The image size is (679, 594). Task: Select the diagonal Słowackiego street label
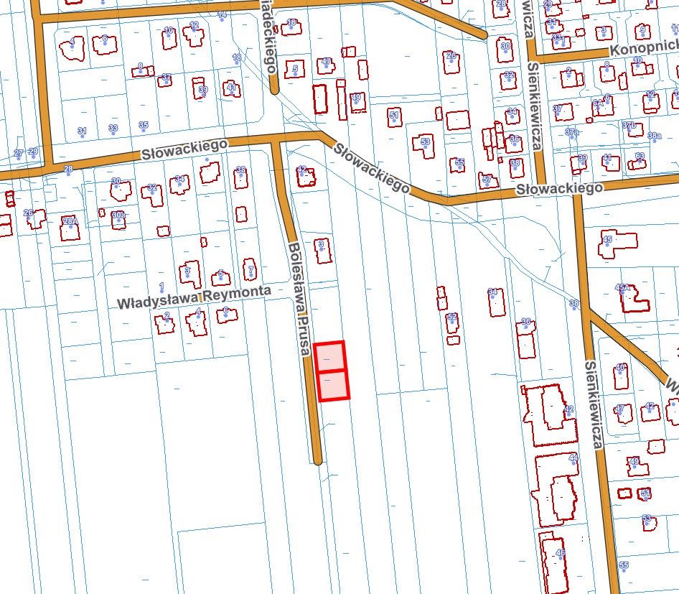(x=370, y=167)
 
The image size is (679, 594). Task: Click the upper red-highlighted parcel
(x=329, y=356)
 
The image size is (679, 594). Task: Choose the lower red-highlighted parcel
(x=333, y=385)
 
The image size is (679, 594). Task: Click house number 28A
(x=70, y=221)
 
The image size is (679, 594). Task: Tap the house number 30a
(x=118, y=214)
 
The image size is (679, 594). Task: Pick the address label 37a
(x=571, y=132)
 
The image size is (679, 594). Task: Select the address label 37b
(x=629, y=125)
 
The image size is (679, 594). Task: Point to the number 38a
(x=654, y=135)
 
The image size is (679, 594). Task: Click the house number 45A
(x=622, y=287)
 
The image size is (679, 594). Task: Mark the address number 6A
(x=597, y=103)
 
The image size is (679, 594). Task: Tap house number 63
(x=640, y=156)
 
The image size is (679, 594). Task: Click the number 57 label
(x=486, y=179)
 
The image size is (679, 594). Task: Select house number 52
(x=451, y=317)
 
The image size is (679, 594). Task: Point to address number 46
(x=561, y=552)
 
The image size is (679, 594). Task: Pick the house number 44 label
(x=573, y=458)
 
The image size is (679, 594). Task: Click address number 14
(x=222, y=15)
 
